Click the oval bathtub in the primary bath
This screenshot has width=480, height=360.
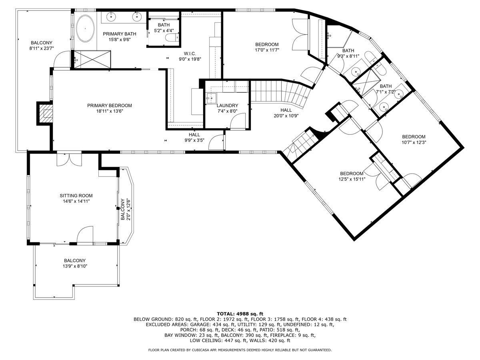click(84, 28)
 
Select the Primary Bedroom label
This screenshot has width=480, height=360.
click(109, 106)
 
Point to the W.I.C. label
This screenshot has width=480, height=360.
click(190, 54)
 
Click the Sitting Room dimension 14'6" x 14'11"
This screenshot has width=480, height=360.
click(76, 202)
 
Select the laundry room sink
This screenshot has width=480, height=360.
click(211, 98)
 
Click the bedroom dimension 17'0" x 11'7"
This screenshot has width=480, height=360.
click(267, 50)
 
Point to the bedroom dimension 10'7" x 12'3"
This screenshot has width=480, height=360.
click(414, 142)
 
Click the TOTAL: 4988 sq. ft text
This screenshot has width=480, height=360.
click(240, 314)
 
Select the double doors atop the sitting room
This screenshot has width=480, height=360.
click(69, 159)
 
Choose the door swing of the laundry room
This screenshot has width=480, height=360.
click(240, 120)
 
